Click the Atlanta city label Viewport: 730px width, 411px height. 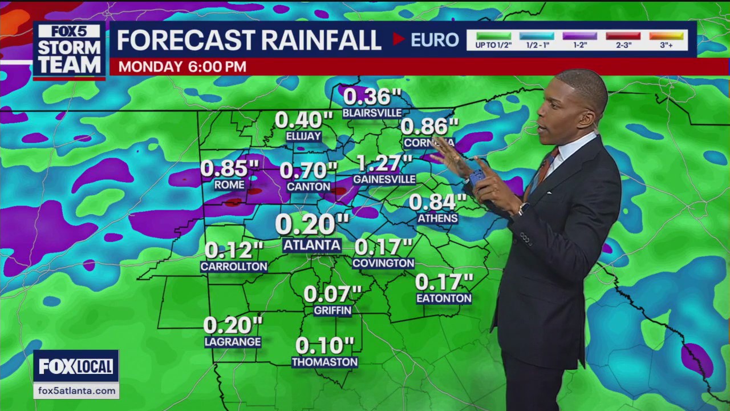point(312,245)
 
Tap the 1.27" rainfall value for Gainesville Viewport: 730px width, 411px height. point(384,164)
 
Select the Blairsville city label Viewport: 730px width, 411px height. point(372,113)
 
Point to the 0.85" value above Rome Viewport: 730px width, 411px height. point(230,168)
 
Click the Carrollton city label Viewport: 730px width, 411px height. point(234,267)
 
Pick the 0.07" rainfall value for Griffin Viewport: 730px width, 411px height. point(332,294)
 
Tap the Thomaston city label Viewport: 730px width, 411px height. point(325,362)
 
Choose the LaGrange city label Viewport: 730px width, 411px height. point(233,342)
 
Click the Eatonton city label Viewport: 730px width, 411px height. point(444,298)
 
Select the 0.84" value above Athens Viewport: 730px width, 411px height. point(437,202)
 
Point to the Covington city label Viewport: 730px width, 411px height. point(383,263)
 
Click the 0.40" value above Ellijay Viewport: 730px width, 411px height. point(303,120)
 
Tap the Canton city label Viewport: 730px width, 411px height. point(309,187)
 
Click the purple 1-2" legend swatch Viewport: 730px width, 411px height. point(579,36)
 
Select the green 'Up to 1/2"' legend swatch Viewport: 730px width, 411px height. point(493,36)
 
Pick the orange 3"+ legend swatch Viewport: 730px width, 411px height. point(666,36)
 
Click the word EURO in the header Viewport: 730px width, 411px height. point(435,40)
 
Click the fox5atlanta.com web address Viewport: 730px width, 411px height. point(76,391)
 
